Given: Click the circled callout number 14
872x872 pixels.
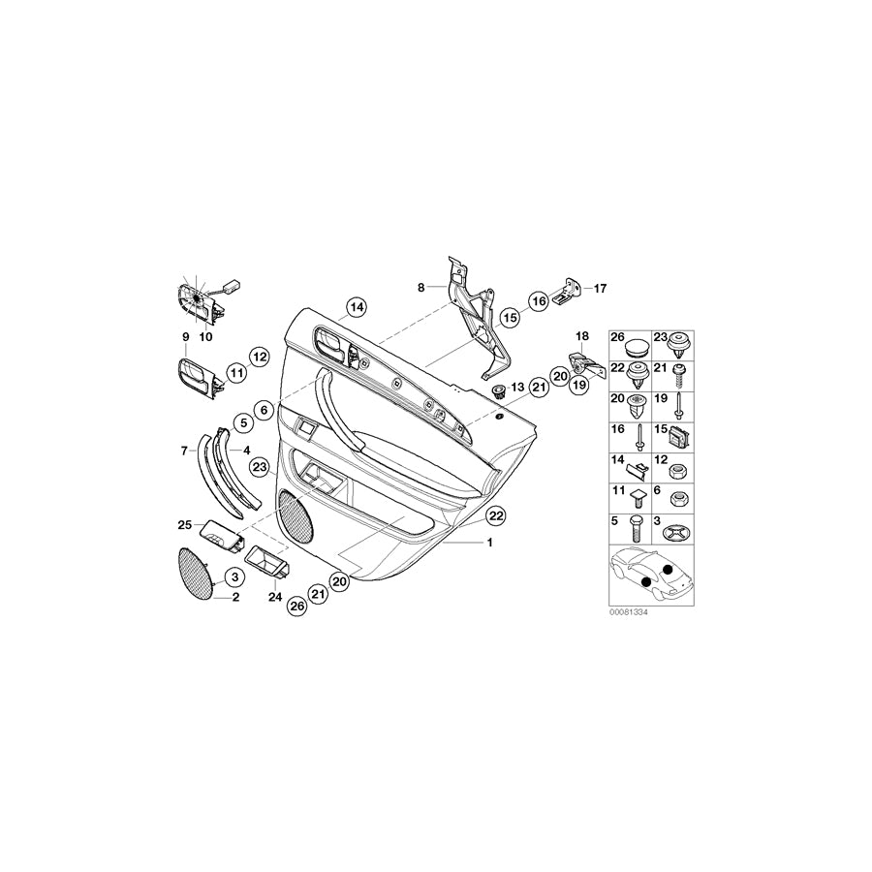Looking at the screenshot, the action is [357, 307].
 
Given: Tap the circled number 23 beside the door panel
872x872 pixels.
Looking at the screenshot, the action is [260, 467].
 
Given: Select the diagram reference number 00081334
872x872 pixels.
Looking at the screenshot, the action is [629, 611].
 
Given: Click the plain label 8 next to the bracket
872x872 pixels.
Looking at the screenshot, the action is [421, 288].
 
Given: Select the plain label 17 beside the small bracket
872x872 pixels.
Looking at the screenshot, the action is [600, 289].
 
